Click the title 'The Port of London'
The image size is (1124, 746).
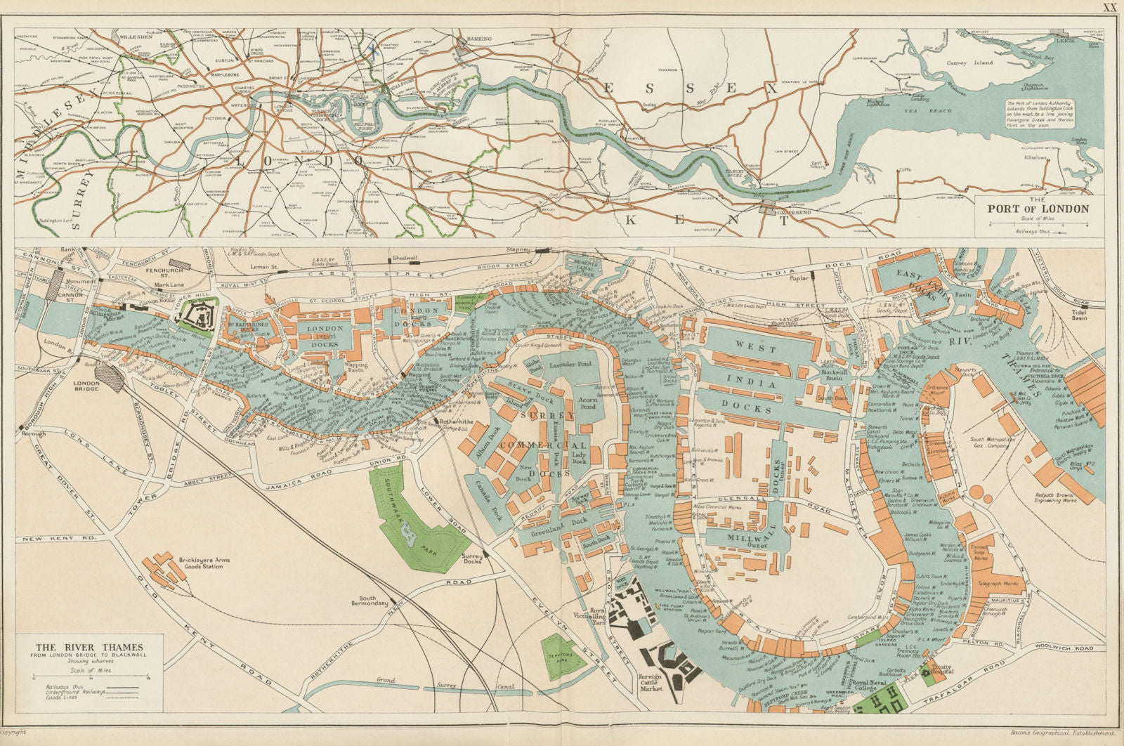[1038, 209]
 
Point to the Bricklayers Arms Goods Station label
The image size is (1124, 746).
[200, 561]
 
